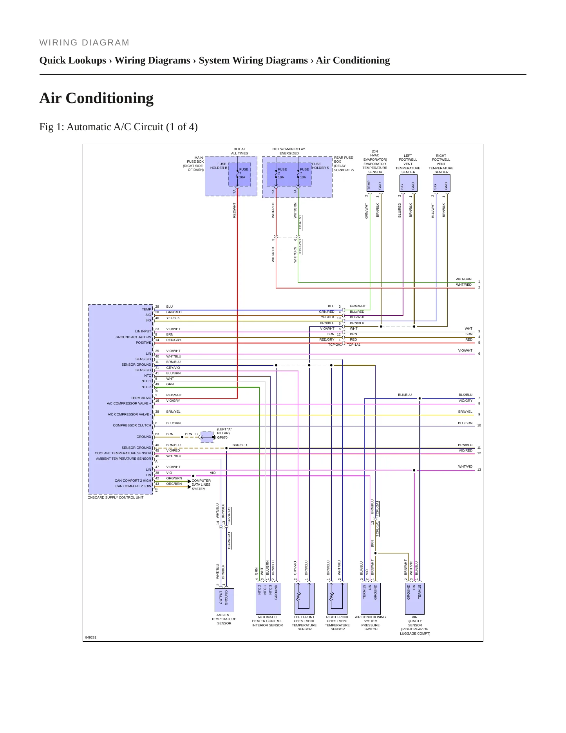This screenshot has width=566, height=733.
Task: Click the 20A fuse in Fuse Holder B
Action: coord(239,174)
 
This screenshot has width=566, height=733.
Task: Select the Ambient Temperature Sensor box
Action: coord(224,600)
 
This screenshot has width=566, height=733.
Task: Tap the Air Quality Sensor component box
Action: coord(415,599)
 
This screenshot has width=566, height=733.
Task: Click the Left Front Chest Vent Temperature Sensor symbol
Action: coord(304,599)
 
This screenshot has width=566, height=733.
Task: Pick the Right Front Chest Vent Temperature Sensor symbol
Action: coord(337,599)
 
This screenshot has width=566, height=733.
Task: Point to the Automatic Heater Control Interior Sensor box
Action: coord(268,599)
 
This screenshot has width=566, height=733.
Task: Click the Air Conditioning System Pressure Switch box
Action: coord(371,599)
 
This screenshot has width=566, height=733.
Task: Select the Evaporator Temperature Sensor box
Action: coord(375,183)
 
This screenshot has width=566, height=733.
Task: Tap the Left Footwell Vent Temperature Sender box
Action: coord(408,183)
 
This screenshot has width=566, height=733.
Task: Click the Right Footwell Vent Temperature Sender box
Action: coord(441,183)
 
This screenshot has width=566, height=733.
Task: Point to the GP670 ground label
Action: coord(222,437)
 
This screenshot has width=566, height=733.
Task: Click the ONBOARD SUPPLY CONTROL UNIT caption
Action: coord(116,497)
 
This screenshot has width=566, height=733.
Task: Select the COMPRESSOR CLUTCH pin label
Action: coord(132,425)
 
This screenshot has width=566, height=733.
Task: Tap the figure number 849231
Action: coord(91,637)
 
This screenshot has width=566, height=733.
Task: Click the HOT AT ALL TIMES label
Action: coord(239,151)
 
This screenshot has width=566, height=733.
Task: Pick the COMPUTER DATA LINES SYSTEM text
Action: coord(201,485)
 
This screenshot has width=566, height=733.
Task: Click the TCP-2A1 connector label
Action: coord(335,345)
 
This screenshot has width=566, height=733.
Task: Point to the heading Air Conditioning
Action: coord(96,98)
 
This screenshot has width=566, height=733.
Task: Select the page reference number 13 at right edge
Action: coord(479,470)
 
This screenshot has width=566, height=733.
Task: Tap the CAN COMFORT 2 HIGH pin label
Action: coord(133,481)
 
